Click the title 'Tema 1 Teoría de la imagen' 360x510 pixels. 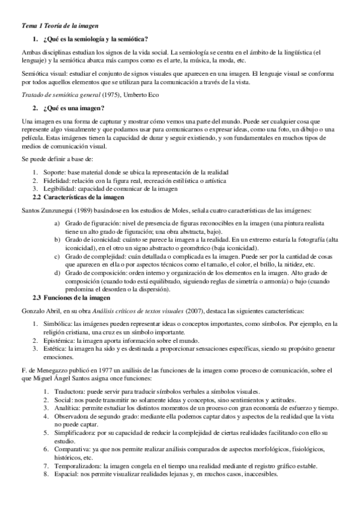click(x=56, y=26)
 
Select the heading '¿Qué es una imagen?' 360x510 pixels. click(x=73, y=108)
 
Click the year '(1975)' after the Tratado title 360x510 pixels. click(x=111, y=95)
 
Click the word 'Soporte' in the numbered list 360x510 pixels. click(x=55, y=171)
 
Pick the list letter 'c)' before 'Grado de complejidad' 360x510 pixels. click(x=56, y=255)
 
